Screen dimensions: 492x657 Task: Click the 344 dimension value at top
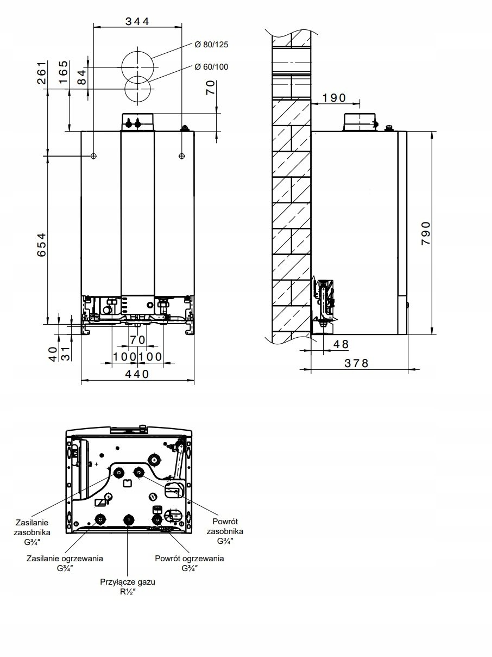[137, 22]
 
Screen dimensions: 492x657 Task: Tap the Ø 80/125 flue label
[211, 45]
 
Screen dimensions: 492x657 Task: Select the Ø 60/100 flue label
[211, 67]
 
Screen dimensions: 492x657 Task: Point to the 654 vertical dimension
[42, 245]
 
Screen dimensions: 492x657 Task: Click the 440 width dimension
[137, 374]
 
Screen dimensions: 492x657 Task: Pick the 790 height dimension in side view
[426, 233]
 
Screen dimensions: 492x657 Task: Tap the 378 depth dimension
[357, 363]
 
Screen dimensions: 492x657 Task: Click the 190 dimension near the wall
[335, 97]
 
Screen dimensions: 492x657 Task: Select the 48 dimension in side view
[341, 344]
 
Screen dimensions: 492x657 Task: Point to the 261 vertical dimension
[42, 72]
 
